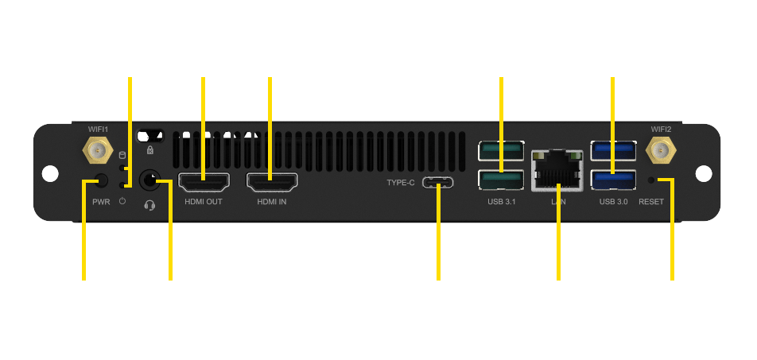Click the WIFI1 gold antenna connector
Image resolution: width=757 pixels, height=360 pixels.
(x=98, y=149)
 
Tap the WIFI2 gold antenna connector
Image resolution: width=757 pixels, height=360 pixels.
(x=661, y=149)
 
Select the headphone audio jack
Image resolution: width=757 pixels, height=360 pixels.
(x=149, y=181)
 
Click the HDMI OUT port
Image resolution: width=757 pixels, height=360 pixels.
(x=204, y=183)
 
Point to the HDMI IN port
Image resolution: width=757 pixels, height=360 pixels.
(x=272, y=183)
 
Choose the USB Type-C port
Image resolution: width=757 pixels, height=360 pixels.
(x=438, y=183)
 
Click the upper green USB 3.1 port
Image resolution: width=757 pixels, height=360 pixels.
(x=501, y=149)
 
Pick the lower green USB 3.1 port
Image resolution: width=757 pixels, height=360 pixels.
(x=501, y=180)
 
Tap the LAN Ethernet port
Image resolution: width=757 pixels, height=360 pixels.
(x=557, y=169)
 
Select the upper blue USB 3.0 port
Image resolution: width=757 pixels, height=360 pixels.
(x=614, y=149)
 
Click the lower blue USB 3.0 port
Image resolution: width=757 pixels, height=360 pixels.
(x=614, y=180)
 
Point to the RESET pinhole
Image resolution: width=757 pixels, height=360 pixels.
(x=652, y=180)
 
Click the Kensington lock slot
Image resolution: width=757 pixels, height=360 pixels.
(x=150, y=135)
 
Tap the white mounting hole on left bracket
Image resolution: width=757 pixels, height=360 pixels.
(x=50, y=173)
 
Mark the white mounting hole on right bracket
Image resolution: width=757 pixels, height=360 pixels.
(x=704, y=173)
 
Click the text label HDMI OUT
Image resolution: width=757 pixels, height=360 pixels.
(x=204, y=202)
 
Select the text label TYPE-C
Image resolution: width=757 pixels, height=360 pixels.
(x=401, y=183)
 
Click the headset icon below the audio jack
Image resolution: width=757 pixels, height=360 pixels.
(x=149, y=205)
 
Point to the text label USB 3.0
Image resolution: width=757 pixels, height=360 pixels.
(x=613, y=202)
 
